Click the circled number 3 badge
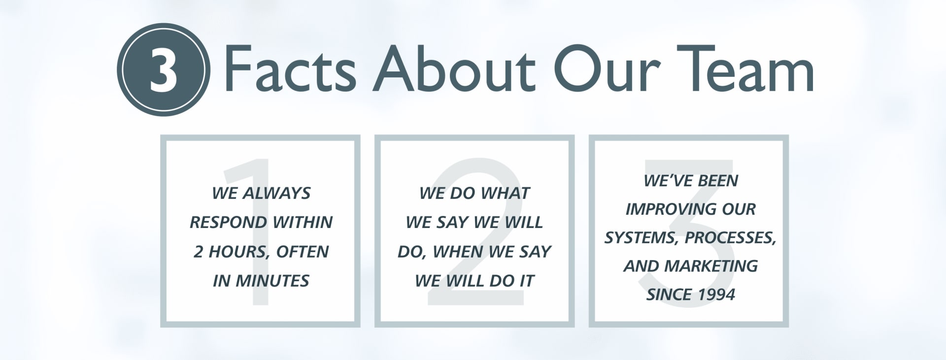tap(164, 69)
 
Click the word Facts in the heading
tap(290, 68)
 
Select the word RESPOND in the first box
tap(229, 222)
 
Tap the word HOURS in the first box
tap(239, 252)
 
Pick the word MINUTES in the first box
tap(272, 281)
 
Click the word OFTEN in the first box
tap(302, 252)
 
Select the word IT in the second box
tap(526, 281)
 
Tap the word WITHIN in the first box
tap(303, 222)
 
